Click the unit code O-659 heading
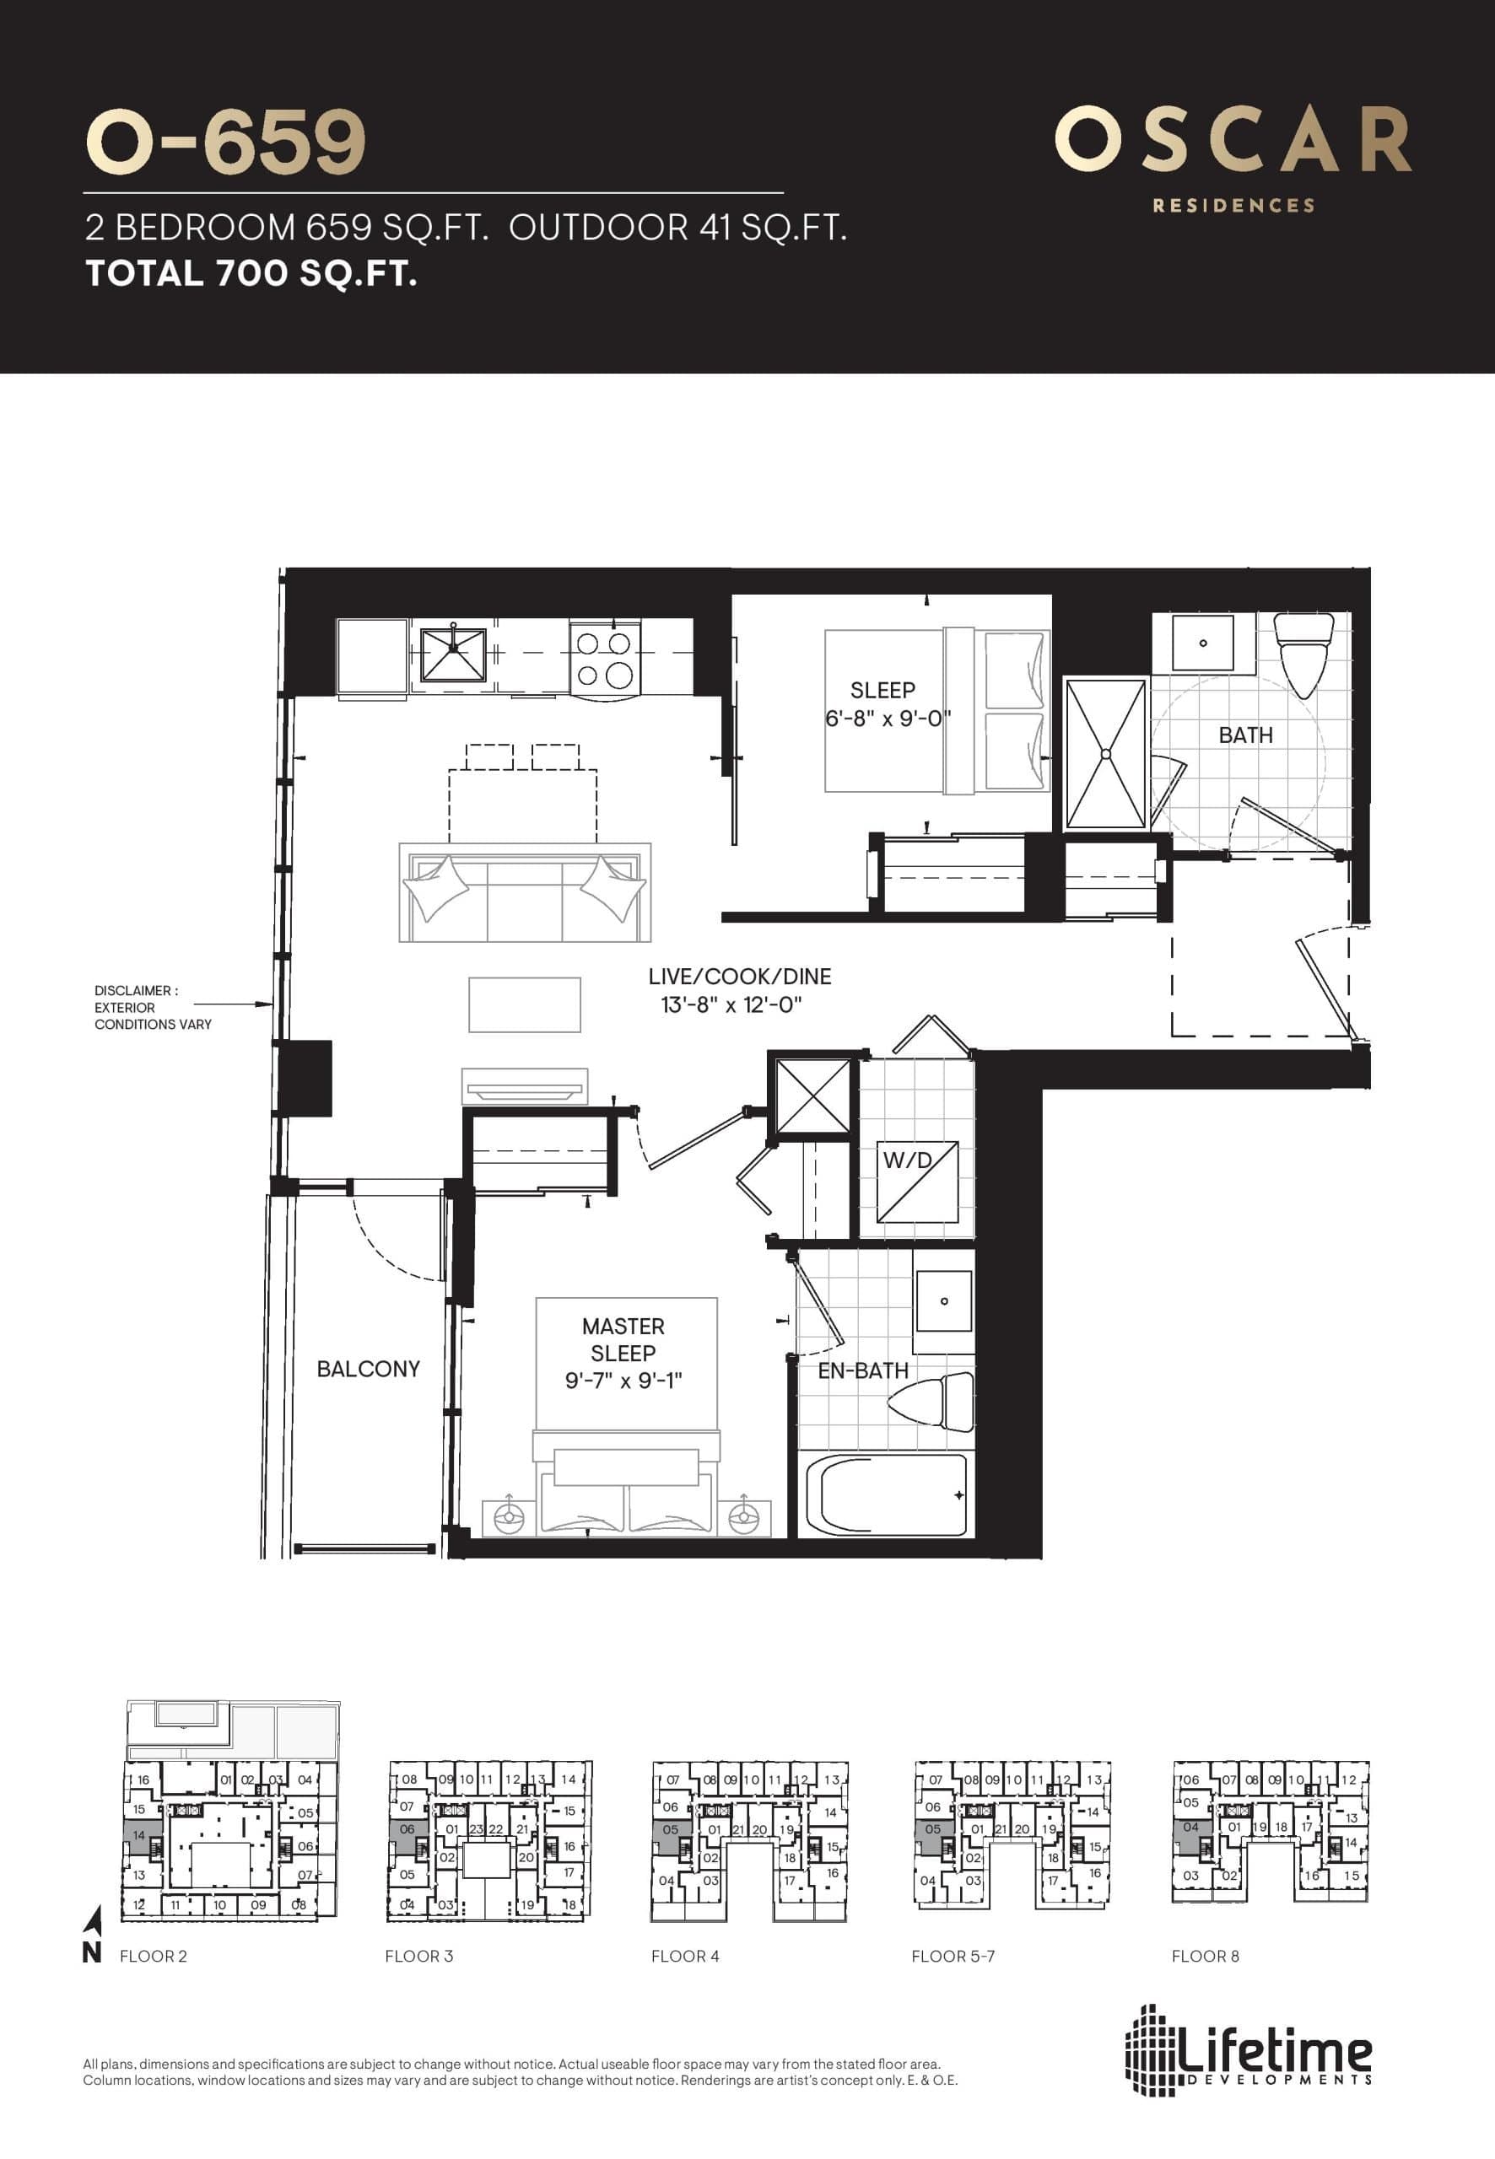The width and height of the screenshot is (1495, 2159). click(x=224, y=143)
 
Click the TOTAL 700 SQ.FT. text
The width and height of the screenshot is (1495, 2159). click(x=251, y=273)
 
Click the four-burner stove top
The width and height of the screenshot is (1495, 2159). click(x=604, y=660)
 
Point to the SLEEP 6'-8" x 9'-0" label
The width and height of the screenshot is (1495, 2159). click(x=882, y=704)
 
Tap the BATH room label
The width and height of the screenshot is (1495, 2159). click(x=1245, y=735)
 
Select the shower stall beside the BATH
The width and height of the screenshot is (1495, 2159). click(x=1105, y=755)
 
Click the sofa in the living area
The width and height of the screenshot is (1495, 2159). click(x=525, y=894)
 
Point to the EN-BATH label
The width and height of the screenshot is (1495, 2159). click(x=863, y=1370)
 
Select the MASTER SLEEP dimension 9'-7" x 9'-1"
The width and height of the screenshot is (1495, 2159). click(x=623, y=1380)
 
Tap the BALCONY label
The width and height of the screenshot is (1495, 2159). click(x=368, y=1369)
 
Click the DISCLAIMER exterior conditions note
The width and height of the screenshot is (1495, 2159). click(x=153, y=1008)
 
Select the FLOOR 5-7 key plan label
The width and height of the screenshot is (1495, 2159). click(x=953, y=1956)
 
